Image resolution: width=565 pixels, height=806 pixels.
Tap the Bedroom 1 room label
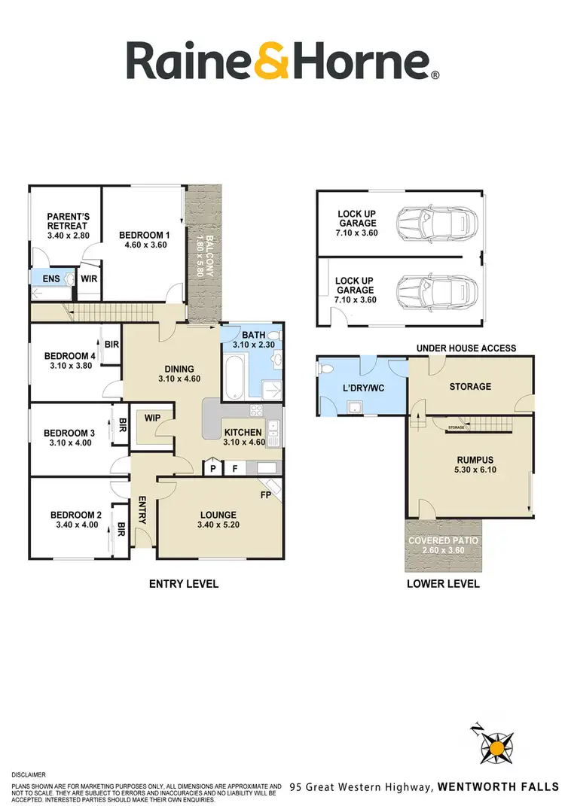click(x=145, y=236)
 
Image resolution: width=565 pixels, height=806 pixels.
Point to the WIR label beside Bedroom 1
click(x=89, y=278)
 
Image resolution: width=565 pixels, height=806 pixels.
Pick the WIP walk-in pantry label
click(x=151, y=416)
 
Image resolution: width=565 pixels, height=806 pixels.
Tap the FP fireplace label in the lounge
click(x=266, y=497)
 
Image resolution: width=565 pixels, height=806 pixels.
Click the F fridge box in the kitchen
click(x=235, y=467)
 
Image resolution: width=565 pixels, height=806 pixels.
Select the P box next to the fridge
click(x=214, y=467)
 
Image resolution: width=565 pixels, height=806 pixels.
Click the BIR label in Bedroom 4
click(x=111, y=344)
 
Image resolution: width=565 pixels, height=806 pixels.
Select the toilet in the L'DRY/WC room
click(x=327, y=370)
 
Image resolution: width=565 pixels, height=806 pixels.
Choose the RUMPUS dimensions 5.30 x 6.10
click(x=470, y=470)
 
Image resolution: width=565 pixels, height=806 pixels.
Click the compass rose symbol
click(x=496, y=747)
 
